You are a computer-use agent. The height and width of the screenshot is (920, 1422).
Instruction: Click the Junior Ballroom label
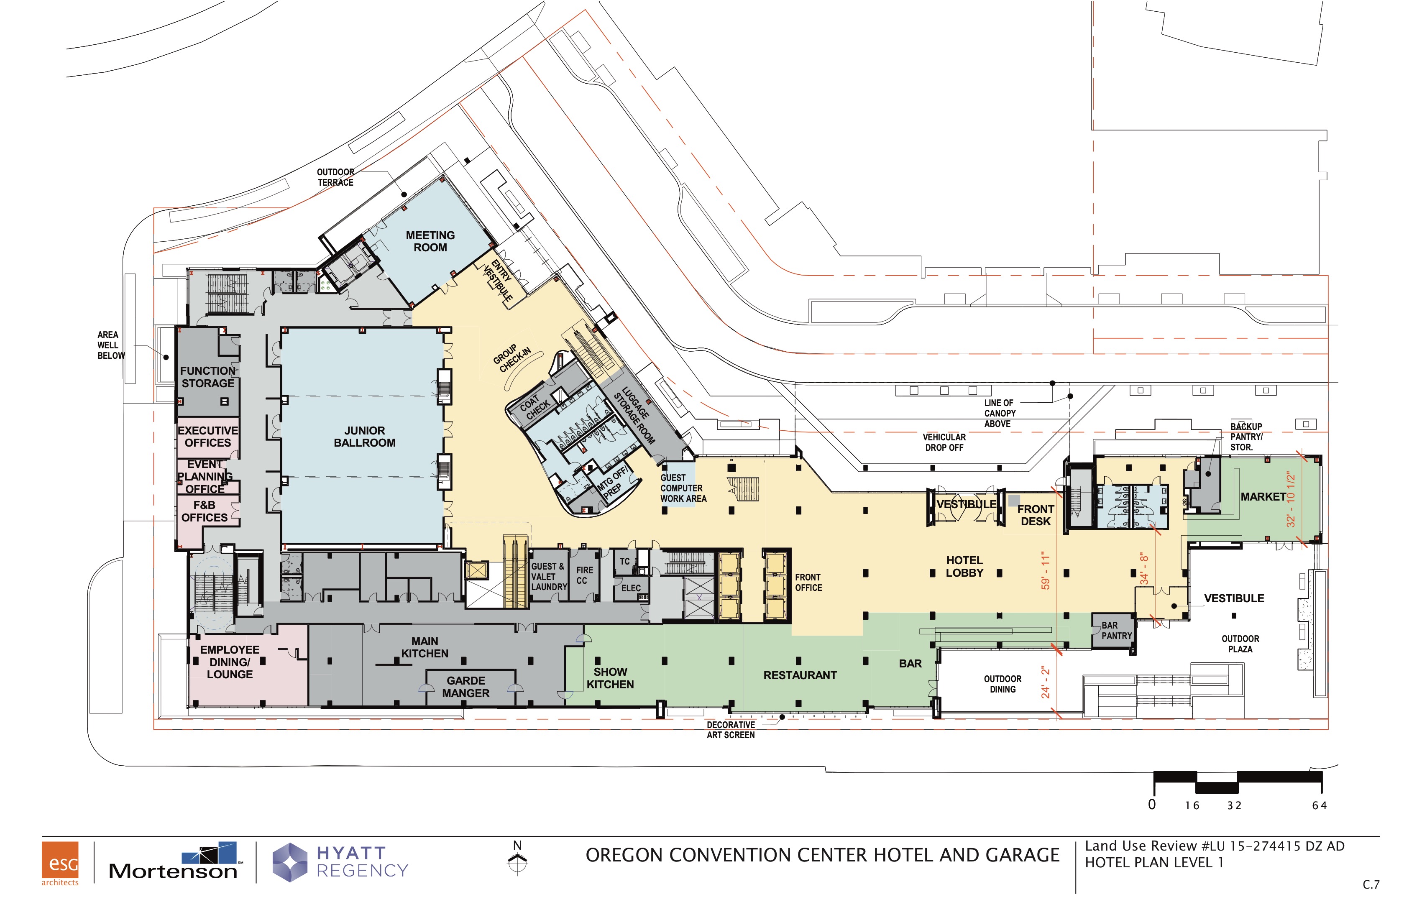pyautogui.click(x=364, y=437)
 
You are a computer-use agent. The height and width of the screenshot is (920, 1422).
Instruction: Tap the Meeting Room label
pyautogui.click(x=430, y=241)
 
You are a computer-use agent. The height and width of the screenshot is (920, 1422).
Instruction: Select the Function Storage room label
pyautogui.click(x=208, y=377)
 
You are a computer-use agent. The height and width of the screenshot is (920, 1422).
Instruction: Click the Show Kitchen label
pyautogui.click(x=610, y=678)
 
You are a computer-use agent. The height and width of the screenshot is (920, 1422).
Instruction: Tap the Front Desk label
pyautogui.click(x=1036, y=515)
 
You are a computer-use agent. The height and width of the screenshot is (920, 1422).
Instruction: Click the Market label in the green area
pyautogui.click(x=1263, y=496)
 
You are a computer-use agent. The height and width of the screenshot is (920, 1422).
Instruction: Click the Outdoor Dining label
pyautogui.click(x=1003, y=684)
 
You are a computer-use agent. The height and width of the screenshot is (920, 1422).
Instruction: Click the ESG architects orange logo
pyautogui.click(x=60, y=863)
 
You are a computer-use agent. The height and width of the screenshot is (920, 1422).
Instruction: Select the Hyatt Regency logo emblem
pyautogui.click(x=290, y=862)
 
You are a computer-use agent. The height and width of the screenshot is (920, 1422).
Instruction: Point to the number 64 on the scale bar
pyautogui.click(x=1319, y=806)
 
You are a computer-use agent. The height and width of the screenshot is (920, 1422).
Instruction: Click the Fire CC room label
pyautogui.click(x=584, y=575)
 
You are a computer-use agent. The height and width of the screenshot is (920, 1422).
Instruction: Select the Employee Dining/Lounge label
pyautogui.click(x=230, y=662)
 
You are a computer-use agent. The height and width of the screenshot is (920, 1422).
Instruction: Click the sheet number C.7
pyautogui.click(x=1371, y=885)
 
